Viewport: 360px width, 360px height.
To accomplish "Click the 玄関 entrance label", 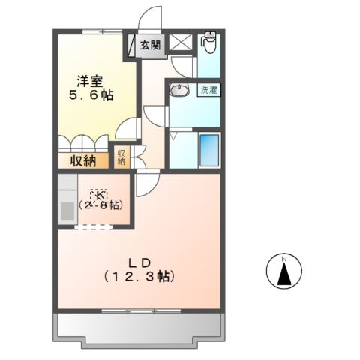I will (150, 45).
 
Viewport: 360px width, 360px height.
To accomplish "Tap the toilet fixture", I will (209, 42).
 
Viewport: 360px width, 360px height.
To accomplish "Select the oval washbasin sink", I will (180, 91).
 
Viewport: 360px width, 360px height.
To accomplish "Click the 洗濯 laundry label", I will (208, 91).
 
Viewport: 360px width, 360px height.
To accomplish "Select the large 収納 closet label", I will (83, 160).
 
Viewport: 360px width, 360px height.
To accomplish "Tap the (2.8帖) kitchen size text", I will (101, 205).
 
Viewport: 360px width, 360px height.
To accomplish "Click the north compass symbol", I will (284, 273).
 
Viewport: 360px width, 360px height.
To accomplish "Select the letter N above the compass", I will (284, 259).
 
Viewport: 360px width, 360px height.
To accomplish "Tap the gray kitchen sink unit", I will (67, 199).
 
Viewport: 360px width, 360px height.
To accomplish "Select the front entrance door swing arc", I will (151, 19).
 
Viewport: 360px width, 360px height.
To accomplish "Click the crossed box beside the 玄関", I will (181, 43).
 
